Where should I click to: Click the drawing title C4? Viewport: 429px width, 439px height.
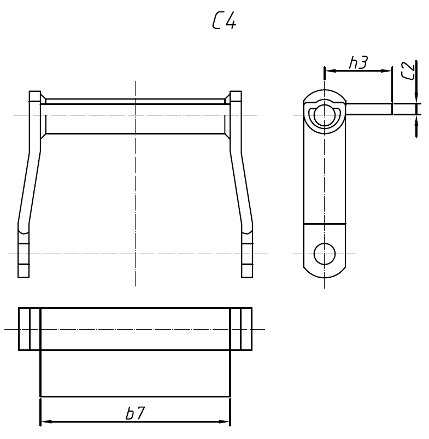coord(224,21)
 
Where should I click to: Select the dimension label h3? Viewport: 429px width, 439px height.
coord(358,63)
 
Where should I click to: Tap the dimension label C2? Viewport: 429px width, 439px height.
coord(408,71)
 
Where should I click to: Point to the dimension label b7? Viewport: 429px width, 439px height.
coord(135,414)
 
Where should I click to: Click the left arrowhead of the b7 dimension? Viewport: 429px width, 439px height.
coord(46,422)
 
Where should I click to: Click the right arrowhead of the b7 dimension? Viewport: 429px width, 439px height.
coord(225,422)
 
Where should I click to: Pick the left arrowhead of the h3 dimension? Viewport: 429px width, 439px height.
coord(330,71)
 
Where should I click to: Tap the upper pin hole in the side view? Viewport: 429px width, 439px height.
coord(325,115)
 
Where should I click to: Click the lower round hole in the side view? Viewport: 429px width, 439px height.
coord(325,253)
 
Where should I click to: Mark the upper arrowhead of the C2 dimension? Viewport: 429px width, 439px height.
coord(416,97)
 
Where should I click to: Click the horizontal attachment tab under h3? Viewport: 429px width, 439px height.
coord(369,109)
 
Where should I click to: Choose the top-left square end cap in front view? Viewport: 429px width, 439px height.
coord(35,97)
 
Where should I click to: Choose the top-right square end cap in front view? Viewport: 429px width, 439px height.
coord(236,97)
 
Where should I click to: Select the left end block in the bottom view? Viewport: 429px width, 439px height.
coord(30,329)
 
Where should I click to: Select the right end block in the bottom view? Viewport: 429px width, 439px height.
coord(241,329)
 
